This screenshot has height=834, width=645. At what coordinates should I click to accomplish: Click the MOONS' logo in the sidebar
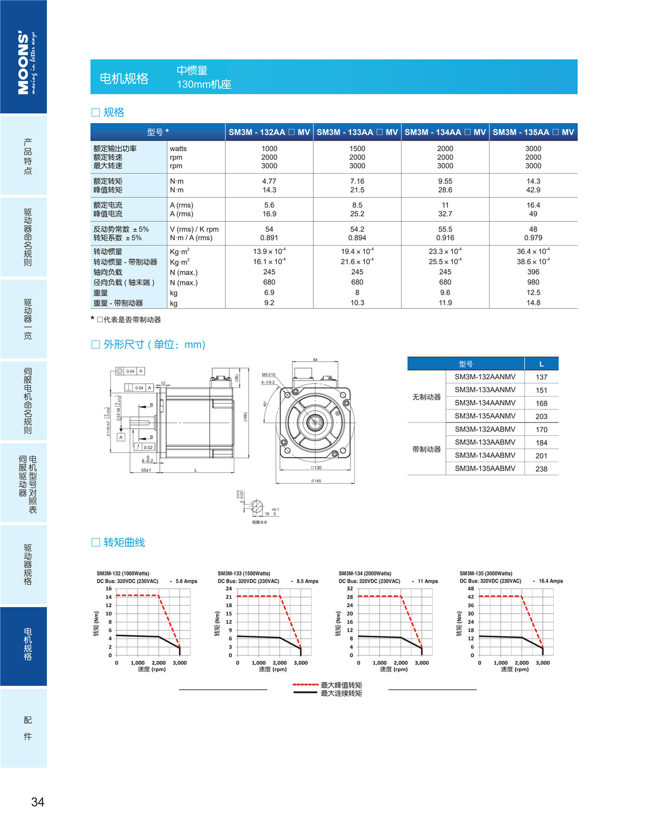point(24,62)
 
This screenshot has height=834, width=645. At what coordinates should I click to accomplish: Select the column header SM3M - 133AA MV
point(357,132)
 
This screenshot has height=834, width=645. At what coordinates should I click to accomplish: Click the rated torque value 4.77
point(269,181)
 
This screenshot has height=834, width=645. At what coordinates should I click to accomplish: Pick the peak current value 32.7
point(445,214)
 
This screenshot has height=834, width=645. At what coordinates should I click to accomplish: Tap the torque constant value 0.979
point(533,238)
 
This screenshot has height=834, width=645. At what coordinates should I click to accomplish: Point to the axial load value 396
point(533,272)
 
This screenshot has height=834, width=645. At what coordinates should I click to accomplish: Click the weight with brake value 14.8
point(533,303)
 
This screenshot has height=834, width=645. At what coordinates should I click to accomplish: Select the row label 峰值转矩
point(108,190)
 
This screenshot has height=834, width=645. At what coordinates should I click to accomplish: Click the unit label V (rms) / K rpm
point(194,229)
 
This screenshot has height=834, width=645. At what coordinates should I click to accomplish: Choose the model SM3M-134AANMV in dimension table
point(485,402)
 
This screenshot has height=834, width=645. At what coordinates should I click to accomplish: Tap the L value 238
point(541,469)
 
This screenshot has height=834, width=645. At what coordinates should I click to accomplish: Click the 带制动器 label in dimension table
point(426,449)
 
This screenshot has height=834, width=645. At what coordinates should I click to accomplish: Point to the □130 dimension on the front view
point(316,468)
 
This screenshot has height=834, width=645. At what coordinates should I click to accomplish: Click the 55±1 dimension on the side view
point(146,470)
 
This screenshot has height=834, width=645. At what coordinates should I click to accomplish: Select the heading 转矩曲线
point(124,542)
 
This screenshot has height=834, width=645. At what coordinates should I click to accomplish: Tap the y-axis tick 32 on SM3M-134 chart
point(350,588)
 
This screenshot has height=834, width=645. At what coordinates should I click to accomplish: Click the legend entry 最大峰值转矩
point(341,685)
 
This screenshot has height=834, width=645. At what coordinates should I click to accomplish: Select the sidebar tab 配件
point(27,728)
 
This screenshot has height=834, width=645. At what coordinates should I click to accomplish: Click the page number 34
point(38,802)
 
